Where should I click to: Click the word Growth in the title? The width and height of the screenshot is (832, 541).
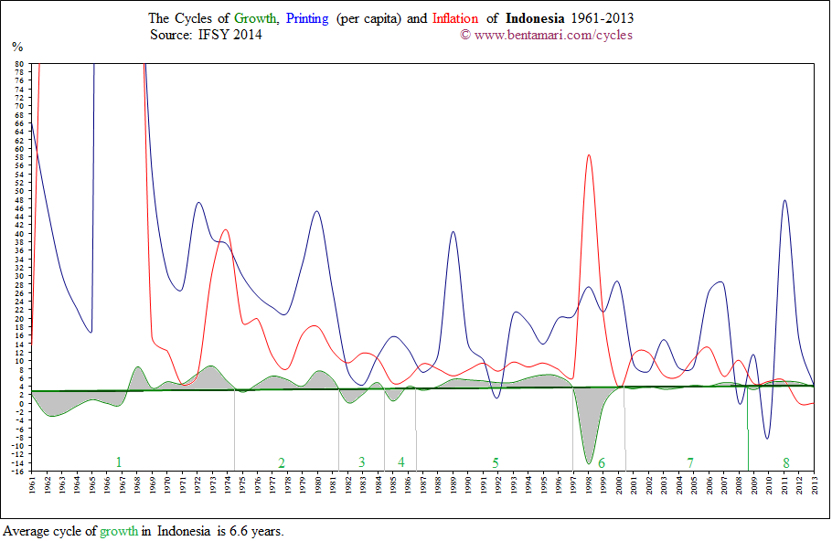(256, 18)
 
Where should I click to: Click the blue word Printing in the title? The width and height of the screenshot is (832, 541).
(308, 18)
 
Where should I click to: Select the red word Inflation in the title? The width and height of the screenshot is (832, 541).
(454, 18)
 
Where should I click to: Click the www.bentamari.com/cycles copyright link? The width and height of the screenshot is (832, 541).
(553, 35)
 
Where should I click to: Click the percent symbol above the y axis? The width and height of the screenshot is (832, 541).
(16, 46)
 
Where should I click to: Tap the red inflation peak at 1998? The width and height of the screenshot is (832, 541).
(589, 155)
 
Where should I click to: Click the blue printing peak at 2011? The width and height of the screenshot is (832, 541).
(784, 200)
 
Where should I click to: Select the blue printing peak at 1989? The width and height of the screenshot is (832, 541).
(453, 232)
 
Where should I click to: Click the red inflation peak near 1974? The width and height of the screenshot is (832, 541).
(225, 230)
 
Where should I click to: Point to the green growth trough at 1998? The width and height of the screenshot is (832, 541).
(589, 462)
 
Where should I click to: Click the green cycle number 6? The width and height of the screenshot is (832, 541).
(602, 463)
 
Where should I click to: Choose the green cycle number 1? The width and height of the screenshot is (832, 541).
(118, 461)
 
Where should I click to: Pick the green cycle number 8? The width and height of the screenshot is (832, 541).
(785, 462)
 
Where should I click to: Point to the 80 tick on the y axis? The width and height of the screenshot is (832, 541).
(18, 64)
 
